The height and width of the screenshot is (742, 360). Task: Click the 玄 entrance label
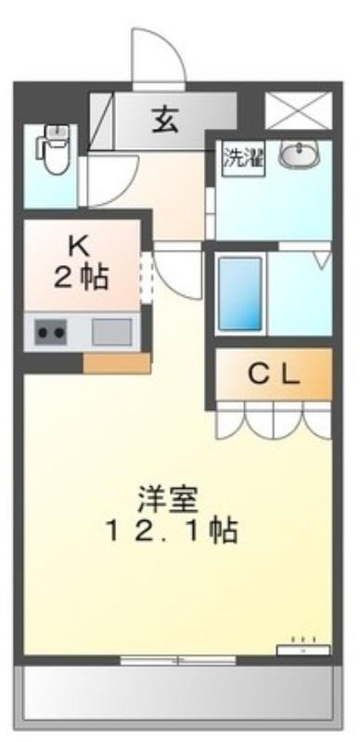click(x=165, y=121)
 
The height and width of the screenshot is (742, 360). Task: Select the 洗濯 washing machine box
click(x=243, y=159)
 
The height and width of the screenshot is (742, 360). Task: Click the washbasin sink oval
click(x=299, y=155)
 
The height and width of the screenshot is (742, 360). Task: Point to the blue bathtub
click(x=240, y=293)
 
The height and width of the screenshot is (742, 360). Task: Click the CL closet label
click(x=275, y=376)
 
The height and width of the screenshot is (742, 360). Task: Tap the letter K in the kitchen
click(x=79, y=247)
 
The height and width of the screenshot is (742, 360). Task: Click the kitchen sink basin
click(x=111, y=332)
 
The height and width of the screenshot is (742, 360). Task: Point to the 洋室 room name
click(x=168, y=500)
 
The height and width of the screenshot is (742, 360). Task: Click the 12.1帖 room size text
click(x=172, y=531)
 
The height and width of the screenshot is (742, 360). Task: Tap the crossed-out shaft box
click(x=299, y=110)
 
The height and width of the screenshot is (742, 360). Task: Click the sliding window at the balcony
click(x=178, y=660)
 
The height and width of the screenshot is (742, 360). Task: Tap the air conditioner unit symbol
click(x=303, y=650)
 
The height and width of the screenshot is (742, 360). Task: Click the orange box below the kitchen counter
click(x=117, y=364)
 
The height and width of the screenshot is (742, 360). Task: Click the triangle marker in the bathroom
click(x=323, y=261)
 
